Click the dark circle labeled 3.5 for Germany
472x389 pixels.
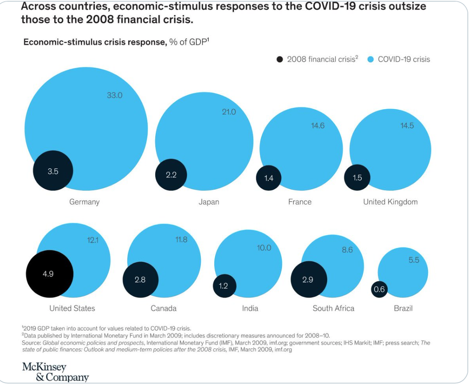tap(53, 171)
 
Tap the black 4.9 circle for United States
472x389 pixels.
tap(49, 274)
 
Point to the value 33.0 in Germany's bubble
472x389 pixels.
tap(115, 95)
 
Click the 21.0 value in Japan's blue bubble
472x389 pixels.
tap(229, 112)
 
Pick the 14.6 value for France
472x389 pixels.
tap(318, 126)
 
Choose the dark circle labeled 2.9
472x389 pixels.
tap(308, 280)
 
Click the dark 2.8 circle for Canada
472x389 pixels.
tap(141, 280)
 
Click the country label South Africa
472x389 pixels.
tap(333, 309)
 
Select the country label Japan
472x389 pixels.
tap(208, 202)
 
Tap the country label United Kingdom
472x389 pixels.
tap(390, 202)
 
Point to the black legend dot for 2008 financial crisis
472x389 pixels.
tap(280, 60)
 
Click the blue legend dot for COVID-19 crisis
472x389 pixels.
tap(370, 60)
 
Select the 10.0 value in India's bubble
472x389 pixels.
tap(264, 248)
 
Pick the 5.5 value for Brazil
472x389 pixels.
tap(413, 260)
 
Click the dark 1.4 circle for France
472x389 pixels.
tap(269, 178)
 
